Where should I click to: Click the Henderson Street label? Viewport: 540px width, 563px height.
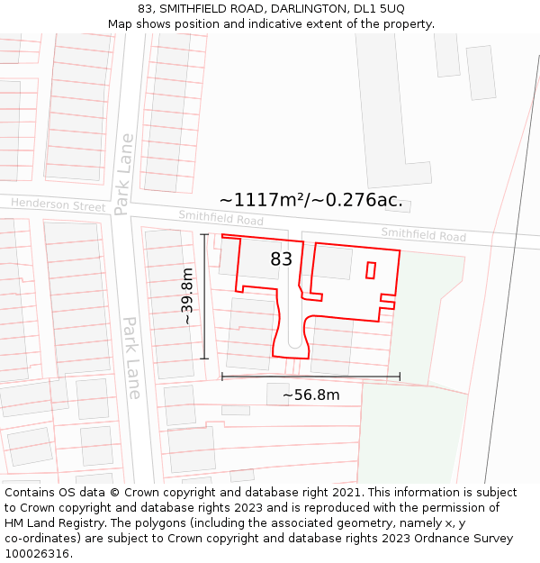pyautogui.click(x=58, y=205)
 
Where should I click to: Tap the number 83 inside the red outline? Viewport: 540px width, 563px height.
pyautogui.click(x=282, y=259)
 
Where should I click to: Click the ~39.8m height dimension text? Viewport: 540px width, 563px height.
pyautogui.click(x=186, y=296)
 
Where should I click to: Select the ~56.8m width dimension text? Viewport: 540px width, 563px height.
pyautogui.click(x=311, y=395)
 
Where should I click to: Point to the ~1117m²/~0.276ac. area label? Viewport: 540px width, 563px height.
pyautogui.click(x=310, y=200)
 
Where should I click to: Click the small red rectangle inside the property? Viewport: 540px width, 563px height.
pyautogui.click(x=370, y=269)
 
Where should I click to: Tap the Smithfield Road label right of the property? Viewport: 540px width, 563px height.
pyautogui.click(x=423, y=235)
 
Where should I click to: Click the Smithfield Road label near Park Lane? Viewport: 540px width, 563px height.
pyautogui.click(x=220, y=218)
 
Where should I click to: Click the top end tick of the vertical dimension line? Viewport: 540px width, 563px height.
pyautogui.click(x=204, y=235)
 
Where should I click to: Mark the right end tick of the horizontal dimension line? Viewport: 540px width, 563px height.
pyautogui.click(x=400, y=377)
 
